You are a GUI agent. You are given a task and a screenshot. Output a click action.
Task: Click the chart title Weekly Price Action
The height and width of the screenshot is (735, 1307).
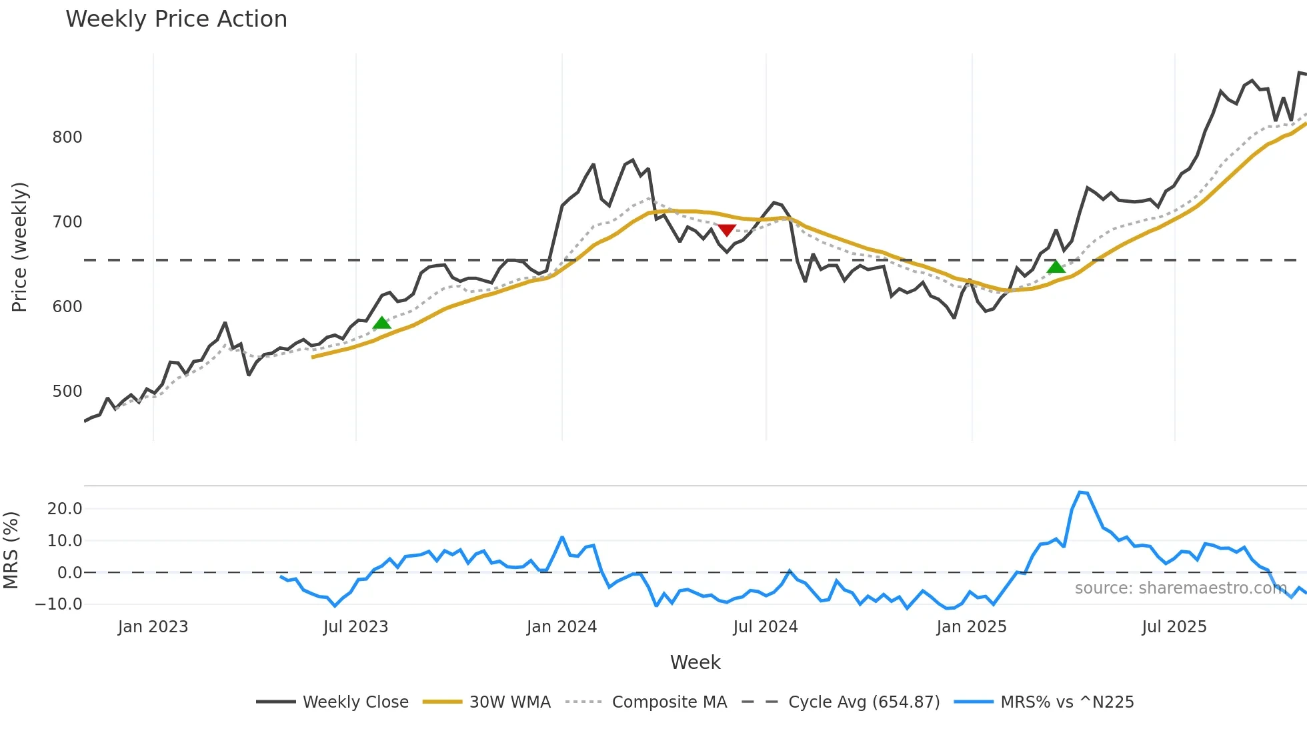click(x=176, y=19)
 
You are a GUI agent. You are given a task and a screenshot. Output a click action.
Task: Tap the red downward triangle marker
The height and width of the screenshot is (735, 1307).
click(x=726, y=230)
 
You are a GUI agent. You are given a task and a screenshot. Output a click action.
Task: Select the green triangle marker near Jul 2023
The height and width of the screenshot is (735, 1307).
click(x=382, y=323)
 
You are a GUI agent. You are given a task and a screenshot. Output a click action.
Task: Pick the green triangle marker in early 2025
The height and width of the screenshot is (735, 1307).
click(x=1056, y=267)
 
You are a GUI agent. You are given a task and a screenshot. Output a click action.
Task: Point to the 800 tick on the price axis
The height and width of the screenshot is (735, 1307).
click(x=67, y=137)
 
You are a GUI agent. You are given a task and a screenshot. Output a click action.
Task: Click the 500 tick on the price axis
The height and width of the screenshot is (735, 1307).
click(x=67, y=392)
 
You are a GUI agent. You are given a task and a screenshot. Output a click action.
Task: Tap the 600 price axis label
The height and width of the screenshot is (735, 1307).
click(x=67, y=307)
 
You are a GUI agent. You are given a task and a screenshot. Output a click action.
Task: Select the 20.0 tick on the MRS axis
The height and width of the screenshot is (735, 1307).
click(x=65, y=509)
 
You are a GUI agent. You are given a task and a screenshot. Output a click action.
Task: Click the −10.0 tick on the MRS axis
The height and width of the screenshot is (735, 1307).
click(x=59, y=604)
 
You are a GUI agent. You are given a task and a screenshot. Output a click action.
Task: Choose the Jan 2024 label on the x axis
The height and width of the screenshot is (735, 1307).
click(x=561, y=627)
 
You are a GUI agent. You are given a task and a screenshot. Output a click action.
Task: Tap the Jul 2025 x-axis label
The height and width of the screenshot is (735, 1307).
click(x=1174, y=627)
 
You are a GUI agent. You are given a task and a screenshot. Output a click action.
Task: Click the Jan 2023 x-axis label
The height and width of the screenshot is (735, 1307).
click(x=153, y=627)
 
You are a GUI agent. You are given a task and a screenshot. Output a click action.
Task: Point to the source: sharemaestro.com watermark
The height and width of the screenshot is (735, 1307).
click(x=1180, y=588)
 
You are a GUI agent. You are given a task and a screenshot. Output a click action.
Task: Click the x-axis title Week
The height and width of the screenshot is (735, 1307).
click(x=695, y=662)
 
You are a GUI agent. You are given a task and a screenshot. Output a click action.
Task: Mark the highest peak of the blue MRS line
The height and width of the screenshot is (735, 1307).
click(x=1080, y=492)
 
